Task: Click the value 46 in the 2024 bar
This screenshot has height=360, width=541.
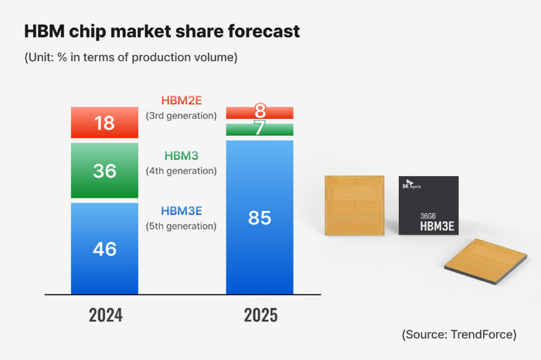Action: click(x=104, y=249)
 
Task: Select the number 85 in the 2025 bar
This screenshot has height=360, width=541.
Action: click(x=260, y=218)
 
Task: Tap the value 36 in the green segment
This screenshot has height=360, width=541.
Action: click(x=104, y=171)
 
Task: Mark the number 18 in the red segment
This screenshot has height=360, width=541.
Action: click(x=104, y=123)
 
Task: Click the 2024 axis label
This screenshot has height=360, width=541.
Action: click(x=105, y=315)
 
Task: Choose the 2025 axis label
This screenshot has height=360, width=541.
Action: click(x=260, y=315)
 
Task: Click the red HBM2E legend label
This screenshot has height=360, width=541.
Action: click(x=182, y=100)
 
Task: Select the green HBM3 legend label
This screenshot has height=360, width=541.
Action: click(x=182, y=155)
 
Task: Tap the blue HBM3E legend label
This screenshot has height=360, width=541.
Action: click(x=182, y=211)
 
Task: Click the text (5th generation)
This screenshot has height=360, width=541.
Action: click(x=182, y=226)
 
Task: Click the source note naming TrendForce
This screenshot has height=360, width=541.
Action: click(x=459, y=335)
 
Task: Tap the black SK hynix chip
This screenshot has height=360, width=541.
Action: click(x=427, y=205)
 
